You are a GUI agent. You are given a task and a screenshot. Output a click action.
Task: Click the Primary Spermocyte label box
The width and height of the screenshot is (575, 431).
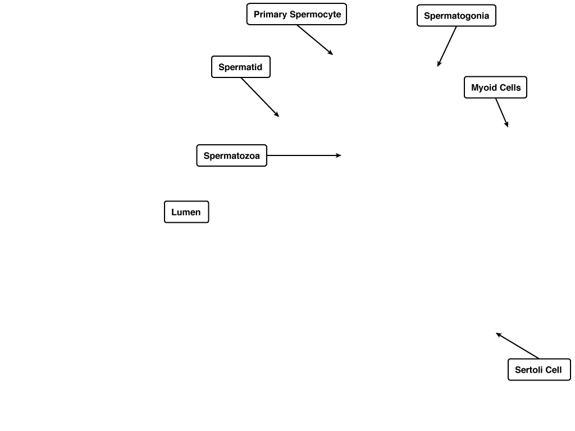coord(296,14)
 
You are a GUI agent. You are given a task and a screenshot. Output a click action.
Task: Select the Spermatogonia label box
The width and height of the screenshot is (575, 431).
coord(457,15)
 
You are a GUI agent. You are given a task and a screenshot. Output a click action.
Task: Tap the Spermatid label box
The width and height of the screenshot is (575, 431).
coord(241,67)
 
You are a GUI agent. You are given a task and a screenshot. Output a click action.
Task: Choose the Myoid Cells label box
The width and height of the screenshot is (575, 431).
coord(495,87)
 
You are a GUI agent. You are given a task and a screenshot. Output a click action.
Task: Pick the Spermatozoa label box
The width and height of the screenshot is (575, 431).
coord(232,155)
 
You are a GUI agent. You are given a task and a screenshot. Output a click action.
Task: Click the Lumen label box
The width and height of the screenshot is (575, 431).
coord(186,212)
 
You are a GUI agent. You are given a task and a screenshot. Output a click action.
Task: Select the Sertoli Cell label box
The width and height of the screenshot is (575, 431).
coord(540,369)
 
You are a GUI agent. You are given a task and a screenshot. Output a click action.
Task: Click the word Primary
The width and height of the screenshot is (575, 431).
coord(270,15)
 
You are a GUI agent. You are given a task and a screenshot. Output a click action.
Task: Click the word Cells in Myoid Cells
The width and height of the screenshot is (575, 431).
coord(510,88)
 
